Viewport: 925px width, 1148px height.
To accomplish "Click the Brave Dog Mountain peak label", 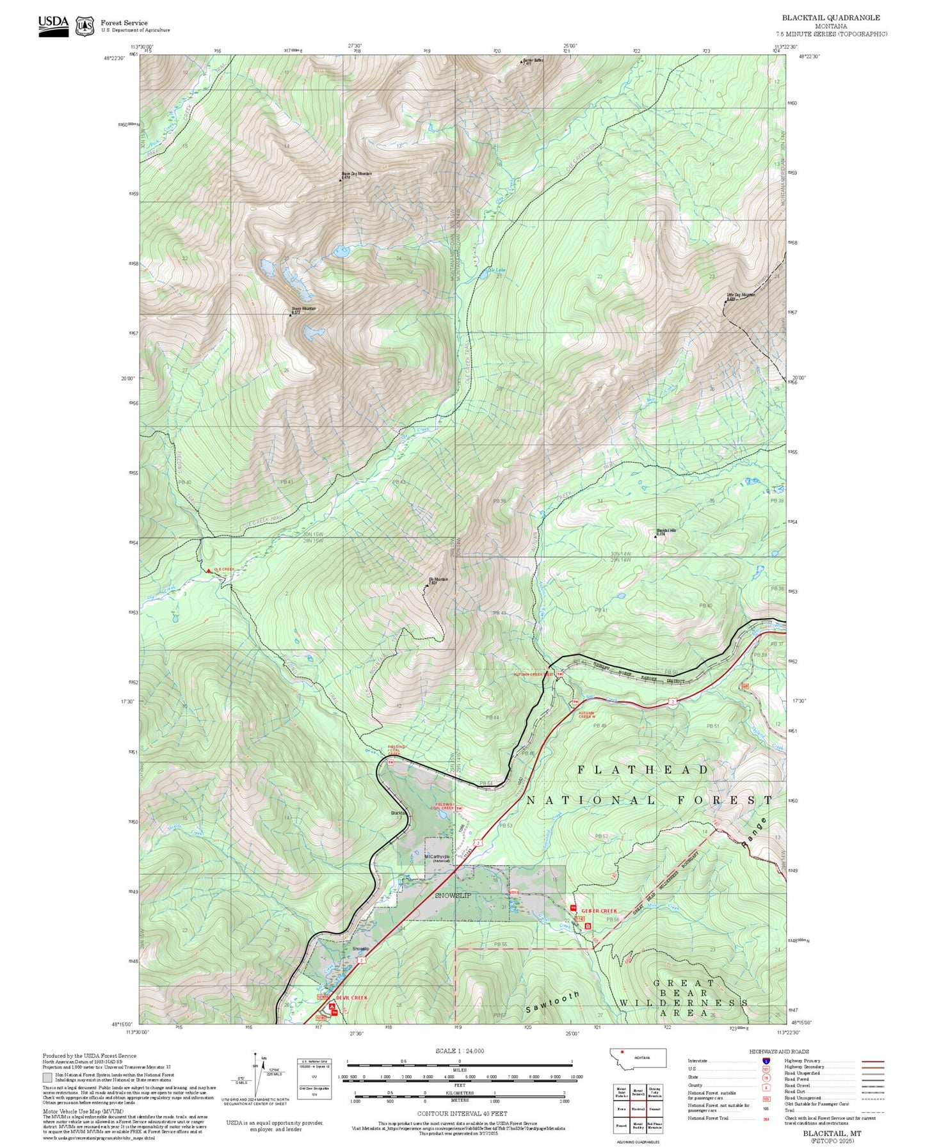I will (356, 174).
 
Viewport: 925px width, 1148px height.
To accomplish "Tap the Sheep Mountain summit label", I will (303, 309).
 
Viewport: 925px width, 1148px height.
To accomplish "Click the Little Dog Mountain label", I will (741, 295).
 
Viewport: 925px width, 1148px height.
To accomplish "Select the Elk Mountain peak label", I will (438, 580).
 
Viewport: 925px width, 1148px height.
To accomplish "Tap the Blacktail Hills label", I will (666, 530).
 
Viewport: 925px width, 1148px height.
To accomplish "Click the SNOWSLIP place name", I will (453, 895).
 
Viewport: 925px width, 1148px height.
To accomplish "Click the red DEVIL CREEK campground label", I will (352, 998).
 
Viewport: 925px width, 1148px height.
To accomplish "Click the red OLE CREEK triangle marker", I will (209, 570).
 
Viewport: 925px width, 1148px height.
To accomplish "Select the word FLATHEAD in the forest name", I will (643, 770).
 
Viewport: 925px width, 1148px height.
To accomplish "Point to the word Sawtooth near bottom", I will (552, 1002).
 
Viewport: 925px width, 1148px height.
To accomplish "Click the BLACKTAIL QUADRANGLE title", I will (830, 18).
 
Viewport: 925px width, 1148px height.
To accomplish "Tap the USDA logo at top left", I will (53, 25).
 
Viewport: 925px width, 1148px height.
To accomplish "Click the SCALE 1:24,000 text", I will (459, 1051).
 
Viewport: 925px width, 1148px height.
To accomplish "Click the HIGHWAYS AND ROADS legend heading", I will (779, 1051).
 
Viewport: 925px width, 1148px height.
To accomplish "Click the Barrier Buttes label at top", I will (533, 61).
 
